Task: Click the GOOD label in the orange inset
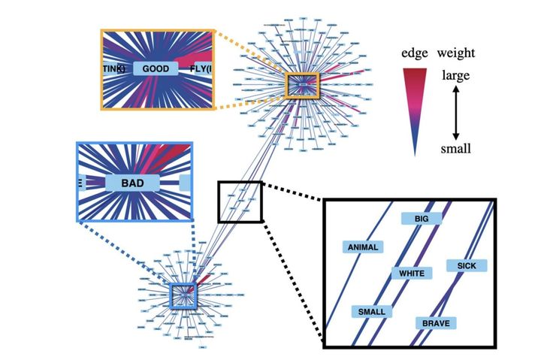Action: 156,69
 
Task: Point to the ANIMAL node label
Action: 362,246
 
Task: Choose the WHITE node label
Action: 411,273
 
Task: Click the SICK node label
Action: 466,265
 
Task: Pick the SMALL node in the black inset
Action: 371,311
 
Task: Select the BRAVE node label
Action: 436,323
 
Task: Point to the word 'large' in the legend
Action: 456,75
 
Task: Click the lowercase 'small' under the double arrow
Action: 456,149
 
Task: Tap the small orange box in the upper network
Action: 304,85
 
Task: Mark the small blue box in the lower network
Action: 183,295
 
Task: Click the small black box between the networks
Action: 240,201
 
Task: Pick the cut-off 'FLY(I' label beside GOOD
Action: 201,70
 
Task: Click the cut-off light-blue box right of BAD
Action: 186,183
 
